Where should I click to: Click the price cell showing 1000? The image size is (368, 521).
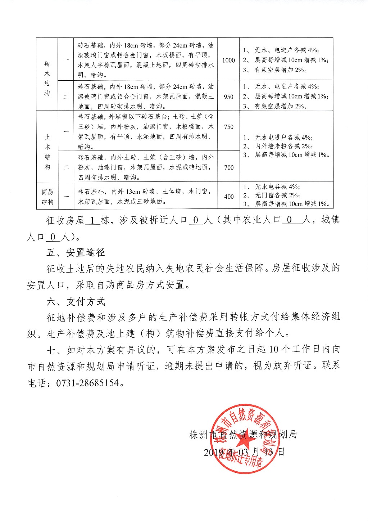(228, 60)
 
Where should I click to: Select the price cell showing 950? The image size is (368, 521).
(228, 96)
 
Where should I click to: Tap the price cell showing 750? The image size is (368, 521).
(228, 127)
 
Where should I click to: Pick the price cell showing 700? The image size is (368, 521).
(228, 167)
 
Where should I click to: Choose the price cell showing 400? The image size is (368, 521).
(228, 197)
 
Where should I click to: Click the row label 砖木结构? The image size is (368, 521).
(47, 78)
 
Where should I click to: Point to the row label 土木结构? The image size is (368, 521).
(47, 152)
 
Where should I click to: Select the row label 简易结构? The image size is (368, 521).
(47, 197)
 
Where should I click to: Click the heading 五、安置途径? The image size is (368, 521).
(76, 252)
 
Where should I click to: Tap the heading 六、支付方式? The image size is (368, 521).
(76, 301)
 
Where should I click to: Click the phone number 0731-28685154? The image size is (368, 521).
(87, 383)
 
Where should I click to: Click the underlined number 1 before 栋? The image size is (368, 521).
(93, 220)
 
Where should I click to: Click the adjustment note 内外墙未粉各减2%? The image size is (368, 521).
(284, 146)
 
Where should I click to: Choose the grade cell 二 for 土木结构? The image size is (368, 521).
(66, 167)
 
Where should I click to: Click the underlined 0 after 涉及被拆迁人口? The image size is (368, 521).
(196, 220)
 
